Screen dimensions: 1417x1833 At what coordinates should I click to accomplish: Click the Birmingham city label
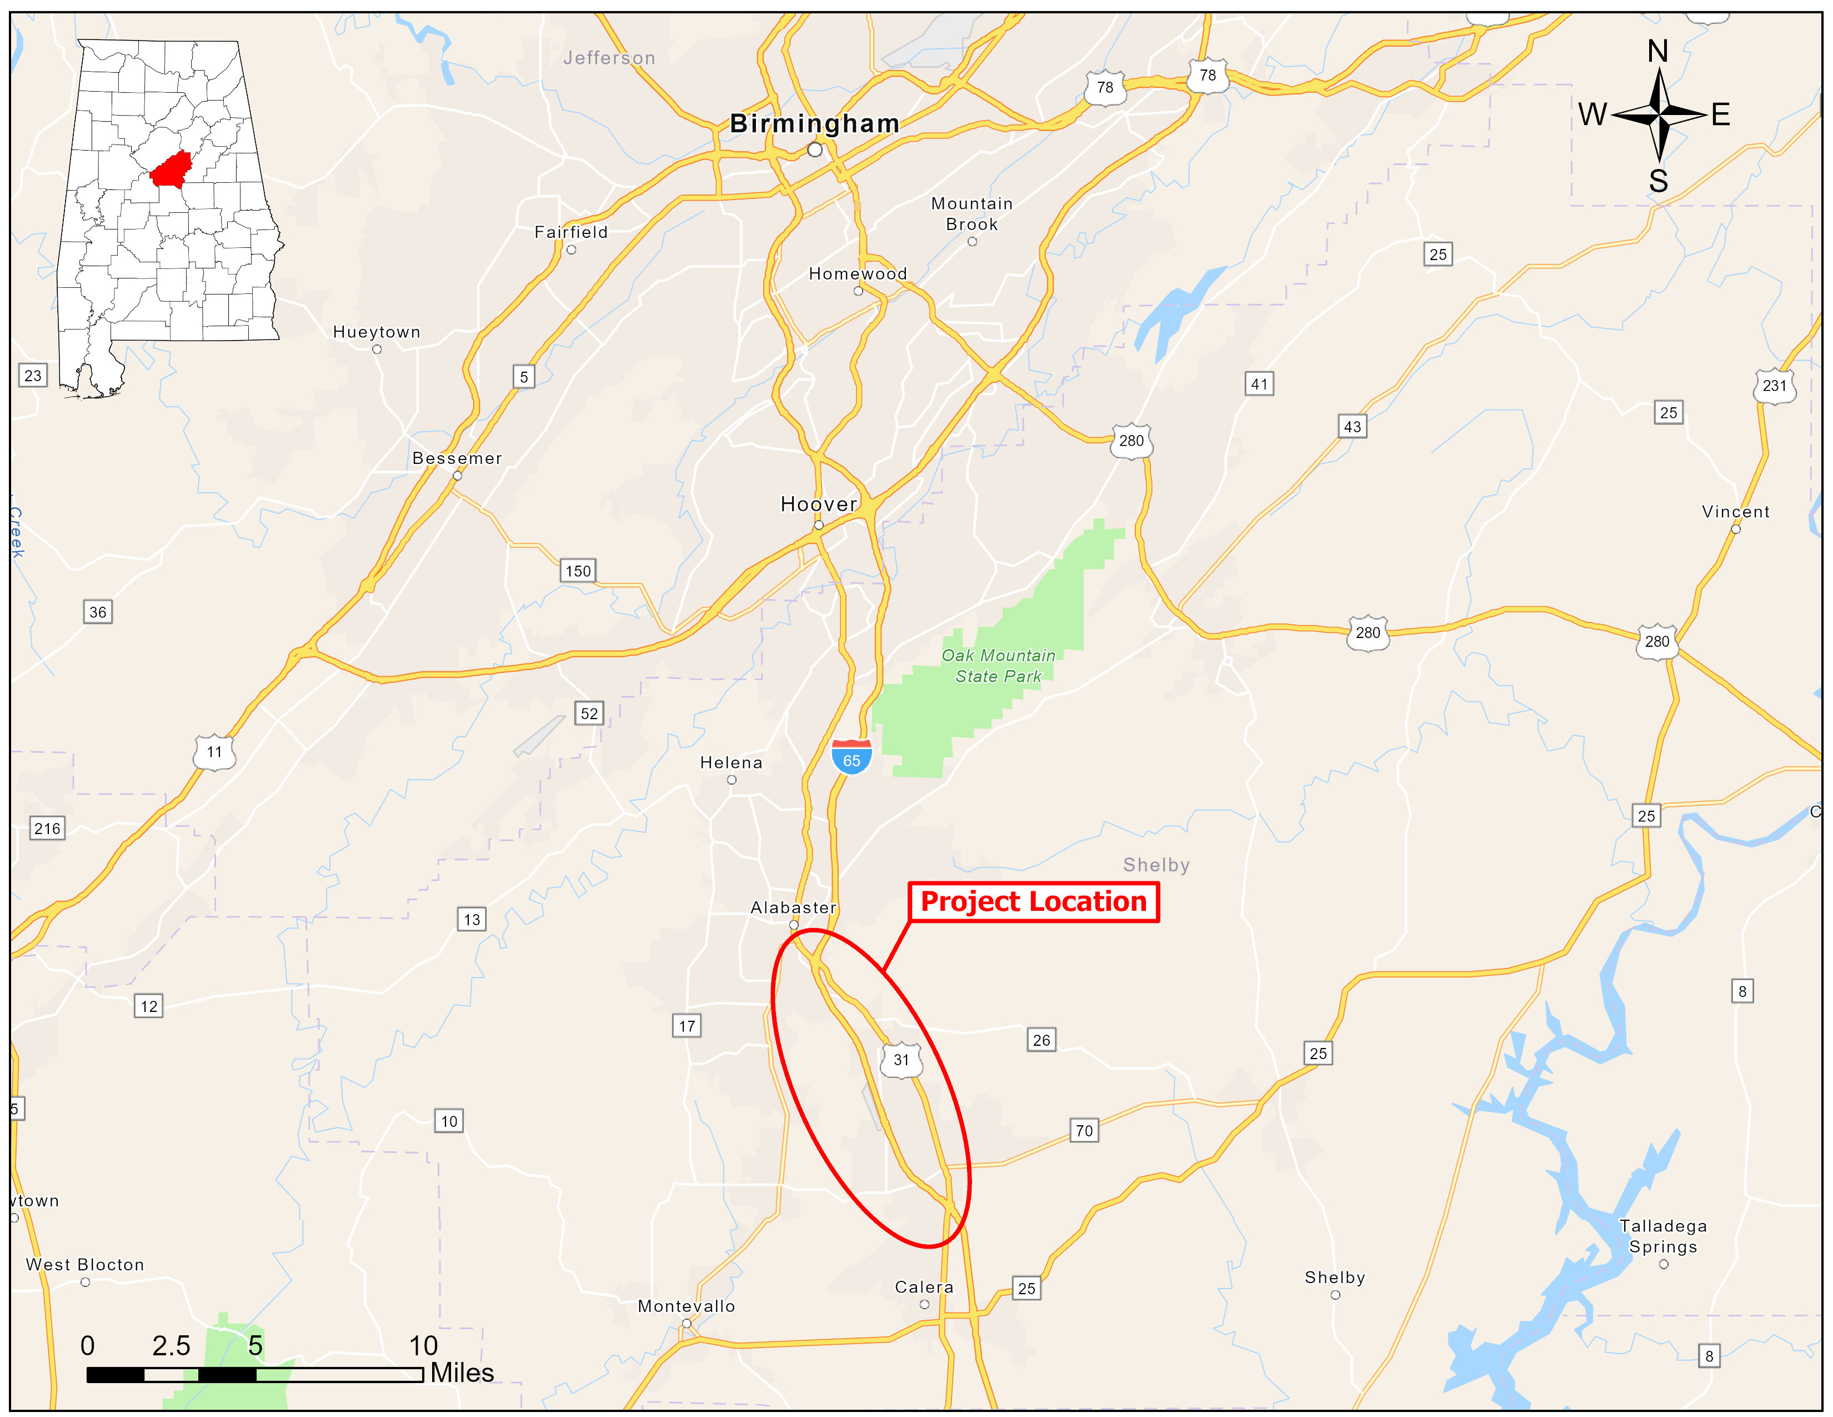814,123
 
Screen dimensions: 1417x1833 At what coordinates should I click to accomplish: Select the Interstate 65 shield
851,757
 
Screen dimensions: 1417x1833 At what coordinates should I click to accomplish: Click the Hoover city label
818,503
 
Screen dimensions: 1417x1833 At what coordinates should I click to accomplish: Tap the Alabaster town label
793,907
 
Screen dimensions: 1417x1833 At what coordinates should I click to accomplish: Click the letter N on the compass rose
1657,51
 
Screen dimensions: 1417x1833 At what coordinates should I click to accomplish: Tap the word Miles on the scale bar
462,1373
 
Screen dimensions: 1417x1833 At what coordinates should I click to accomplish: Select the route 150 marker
578,571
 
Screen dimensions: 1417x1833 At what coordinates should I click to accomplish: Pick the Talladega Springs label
1662,1236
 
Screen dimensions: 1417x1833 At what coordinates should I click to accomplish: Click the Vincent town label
1735,511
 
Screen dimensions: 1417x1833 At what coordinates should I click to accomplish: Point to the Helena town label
731,762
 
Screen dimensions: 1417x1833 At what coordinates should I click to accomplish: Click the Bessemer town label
457,458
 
